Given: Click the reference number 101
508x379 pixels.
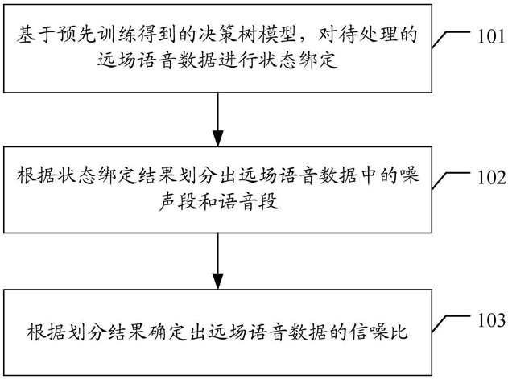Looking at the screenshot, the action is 491,36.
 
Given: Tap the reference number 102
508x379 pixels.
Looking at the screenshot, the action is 491,178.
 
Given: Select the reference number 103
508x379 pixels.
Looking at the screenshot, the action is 491,320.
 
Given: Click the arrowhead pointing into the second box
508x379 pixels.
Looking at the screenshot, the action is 218,138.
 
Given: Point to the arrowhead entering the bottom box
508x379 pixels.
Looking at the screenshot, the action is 218,282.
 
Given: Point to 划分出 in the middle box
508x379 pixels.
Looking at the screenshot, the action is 207,176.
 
